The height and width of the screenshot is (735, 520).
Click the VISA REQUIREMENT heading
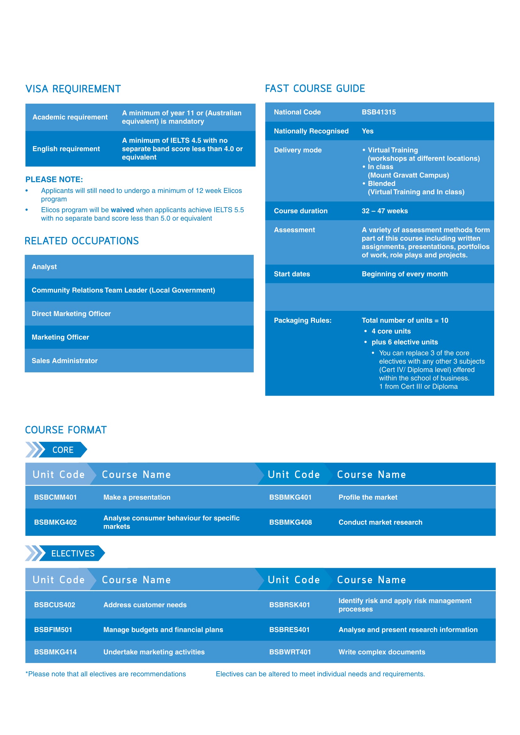tap(73, 89)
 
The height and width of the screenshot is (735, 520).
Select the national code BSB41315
tap(379, 112)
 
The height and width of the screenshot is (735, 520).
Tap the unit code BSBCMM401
tap(55, 497)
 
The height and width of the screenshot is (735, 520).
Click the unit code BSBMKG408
tap(290, 522)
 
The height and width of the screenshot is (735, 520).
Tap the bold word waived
tap(122, 210)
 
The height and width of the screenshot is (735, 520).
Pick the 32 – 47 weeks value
tap(384, 211)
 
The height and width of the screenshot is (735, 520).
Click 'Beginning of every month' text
tap(404, 274)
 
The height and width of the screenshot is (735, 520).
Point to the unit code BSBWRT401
tap(290, 652)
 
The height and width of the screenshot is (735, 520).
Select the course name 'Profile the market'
tap(368, 497)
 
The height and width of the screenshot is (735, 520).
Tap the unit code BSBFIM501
tap(53, 630)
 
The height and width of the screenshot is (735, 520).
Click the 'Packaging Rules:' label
tap(302, 321)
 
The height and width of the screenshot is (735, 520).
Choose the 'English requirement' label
tap(66, 149)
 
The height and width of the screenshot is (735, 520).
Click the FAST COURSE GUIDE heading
tap(315, 88)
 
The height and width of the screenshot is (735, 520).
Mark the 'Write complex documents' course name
tap(382, 652)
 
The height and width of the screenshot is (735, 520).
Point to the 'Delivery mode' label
tap(298, 150)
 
